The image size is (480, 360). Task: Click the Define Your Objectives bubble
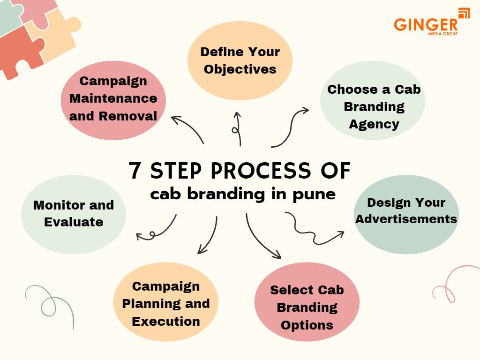240,60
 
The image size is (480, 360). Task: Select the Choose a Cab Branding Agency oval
373,107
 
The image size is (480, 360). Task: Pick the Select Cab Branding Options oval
307,307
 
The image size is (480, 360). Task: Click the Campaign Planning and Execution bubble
166,303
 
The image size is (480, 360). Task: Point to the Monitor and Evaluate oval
74,214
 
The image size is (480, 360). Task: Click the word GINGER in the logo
426,24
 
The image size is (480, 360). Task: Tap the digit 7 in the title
135,172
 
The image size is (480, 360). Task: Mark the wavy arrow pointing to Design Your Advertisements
314,230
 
